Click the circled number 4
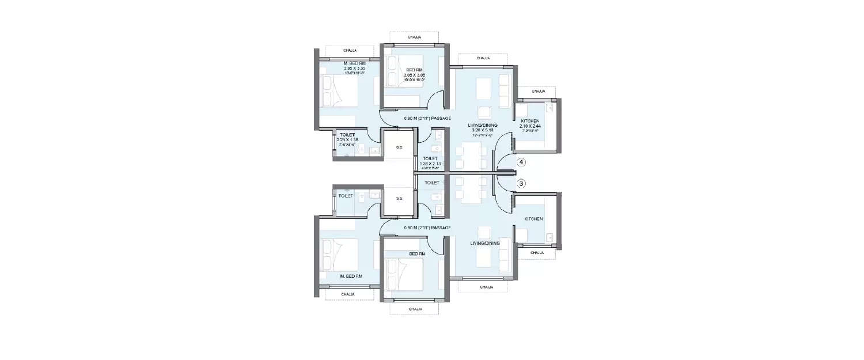pos(521,162)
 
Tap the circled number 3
pos(521,184)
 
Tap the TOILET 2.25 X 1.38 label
pos(348,138)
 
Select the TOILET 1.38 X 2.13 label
pos(430,162)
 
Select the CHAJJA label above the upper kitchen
pos(538,92)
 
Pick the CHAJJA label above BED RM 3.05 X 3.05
pos(414,37)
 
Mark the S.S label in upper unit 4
pos(399,147)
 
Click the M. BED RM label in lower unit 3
pos(350,276)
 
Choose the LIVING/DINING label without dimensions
pos(484,243)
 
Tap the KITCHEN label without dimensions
pos(533,219)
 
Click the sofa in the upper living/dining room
pos(505,87)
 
